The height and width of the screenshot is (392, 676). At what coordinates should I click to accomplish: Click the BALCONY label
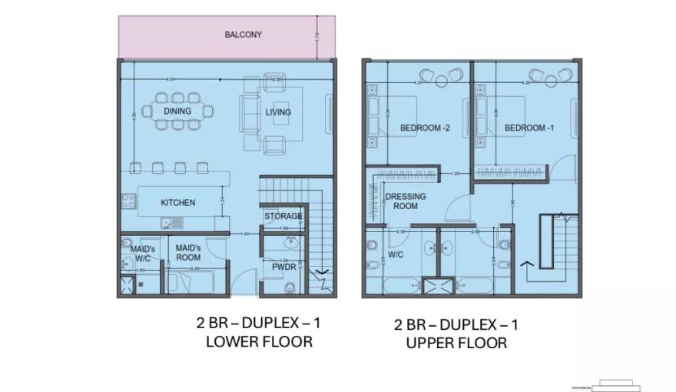[244, 35]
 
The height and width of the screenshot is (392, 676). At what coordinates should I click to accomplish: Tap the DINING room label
[177, 111]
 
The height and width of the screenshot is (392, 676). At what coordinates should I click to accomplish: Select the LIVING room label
[278, 112]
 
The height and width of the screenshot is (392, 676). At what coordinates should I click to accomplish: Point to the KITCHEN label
[177, 203]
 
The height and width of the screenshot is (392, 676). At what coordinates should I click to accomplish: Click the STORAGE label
[283, 216]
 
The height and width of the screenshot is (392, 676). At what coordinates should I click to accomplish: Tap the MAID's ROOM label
[188, 253]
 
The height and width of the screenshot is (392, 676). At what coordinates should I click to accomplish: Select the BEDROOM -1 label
[529, 128]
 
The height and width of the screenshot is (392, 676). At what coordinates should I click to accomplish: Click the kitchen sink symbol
[171, 223]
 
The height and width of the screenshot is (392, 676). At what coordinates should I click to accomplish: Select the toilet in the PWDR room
[288, 288]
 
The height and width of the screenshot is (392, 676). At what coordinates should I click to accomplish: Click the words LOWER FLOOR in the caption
[259, 341]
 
